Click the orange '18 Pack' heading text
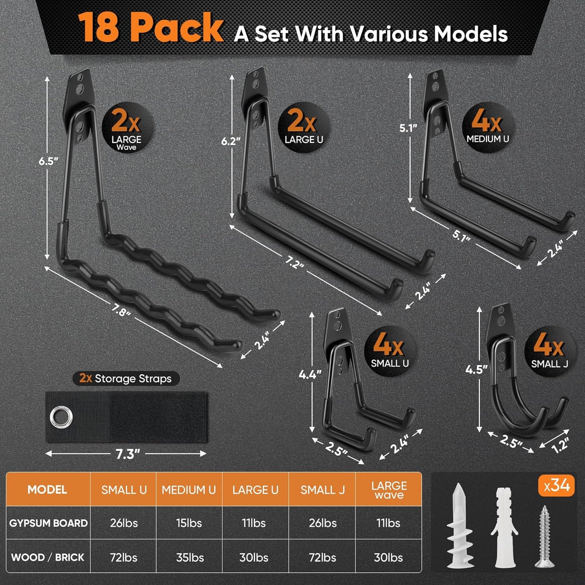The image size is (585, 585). [x=151, y=28]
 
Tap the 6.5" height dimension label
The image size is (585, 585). [x=49, y=161]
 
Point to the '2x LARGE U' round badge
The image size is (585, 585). [x=304, y=127]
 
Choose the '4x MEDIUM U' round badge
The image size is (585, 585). [x=488, y=127]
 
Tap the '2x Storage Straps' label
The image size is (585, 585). [x=126, y=379]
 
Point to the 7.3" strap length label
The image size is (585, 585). [x=128, y=454]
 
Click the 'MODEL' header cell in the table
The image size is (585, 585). [x=47, y=489]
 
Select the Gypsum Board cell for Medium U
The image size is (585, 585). [x=189, y=523]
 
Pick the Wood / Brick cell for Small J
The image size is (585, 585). [x=322, y=557]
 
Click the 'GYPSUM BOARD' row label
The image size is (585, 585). [x=48, y=523]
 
